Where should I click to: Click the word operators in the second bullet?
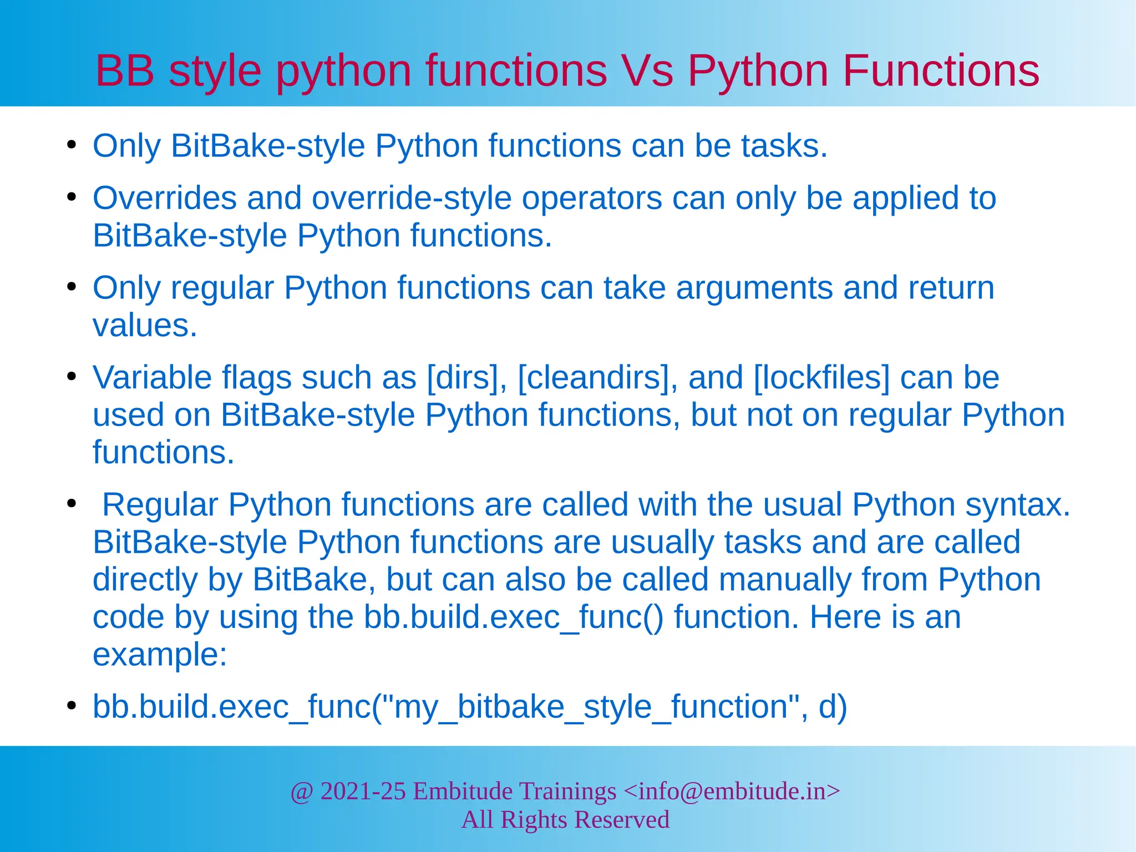pyautogui.click(x=592, y=198)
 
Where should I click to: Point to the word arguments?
pyautogui.click(x=754, y=288)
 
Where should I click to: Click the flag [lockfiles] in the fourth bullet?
pyautogui.click(x=821, y=378)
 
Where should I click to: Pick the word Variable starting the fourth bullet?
pyautogui.click(x=152, y=378)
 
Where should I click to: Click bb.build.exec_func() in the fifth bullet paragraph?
pyautogui.click(x=514, y=617)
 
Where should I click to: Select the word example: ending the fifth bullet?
pyautogui.click(x=160, y=655)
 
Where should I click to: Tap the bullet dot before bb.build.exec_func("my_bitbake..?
pyautogui.click(x=71, y=706)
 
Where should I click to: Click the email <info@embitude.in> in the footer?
pyautogui.click(x=732, y=791)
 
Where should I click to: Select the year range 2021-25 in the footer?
pyautogui.click(x=363, y=791)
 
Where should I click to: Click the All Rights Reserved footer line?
pyautogui.click(x=565, y=820)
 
